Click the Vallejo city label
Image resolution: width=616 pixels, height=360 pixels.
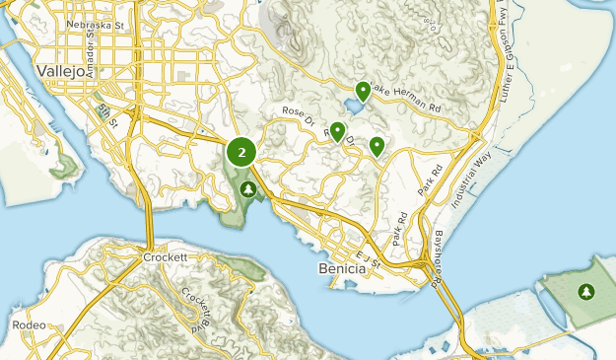60,71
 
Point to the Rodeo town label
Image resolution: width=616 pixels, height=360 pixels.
30,324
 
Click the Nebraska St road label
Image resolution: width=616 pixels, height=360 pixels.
95,24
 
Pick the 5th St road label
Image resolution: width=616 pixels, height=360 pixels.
107,114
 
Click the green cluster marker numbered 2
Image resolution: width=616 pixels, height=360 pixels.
241,153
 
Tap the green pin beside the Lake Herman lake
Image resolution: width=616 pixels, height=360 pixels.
364,91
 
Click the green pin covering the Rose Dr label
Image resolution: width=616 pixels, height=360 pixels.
338,130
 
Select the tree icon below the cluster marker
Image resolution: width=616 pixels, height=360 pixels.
248,188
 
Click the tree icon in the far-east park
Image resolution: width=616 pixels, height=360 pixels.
587,292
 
